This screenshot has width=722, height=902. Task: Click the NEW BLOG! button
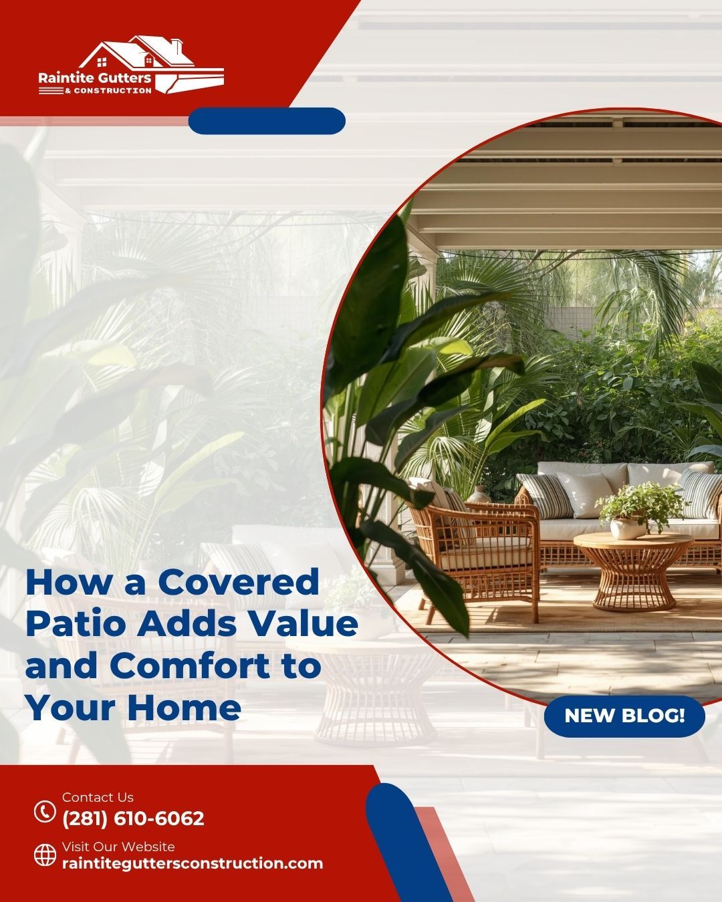pos(624,716)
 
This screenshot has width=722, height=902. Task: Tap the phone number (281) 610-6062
pos(134,818)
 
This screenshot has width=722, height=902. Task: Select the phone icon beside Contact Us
pos(45,811)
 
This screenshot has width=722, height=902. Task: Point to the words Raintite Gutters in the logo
pos(95,78)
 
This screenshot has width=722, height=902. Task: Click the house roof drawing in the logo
pos(136,52)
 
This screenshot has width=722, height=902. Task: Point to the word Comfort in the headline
pos(191,665)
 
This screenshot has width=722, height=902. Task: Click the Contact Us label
pos(98,797)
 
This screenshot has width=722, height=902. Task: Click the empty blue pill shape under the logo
pos(267,121)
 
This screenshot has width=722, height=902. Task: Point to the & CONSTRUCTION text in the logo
pos(108,91)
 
